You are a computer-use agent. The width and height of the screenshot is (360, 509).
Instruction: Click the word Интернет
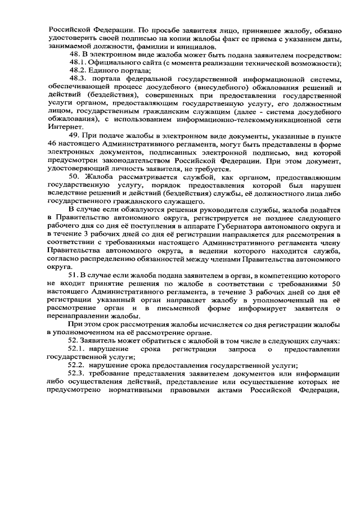tap(64, 128)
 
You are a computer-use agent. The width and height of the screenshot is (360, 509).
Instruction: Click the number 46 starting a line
tap(52, 145)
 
